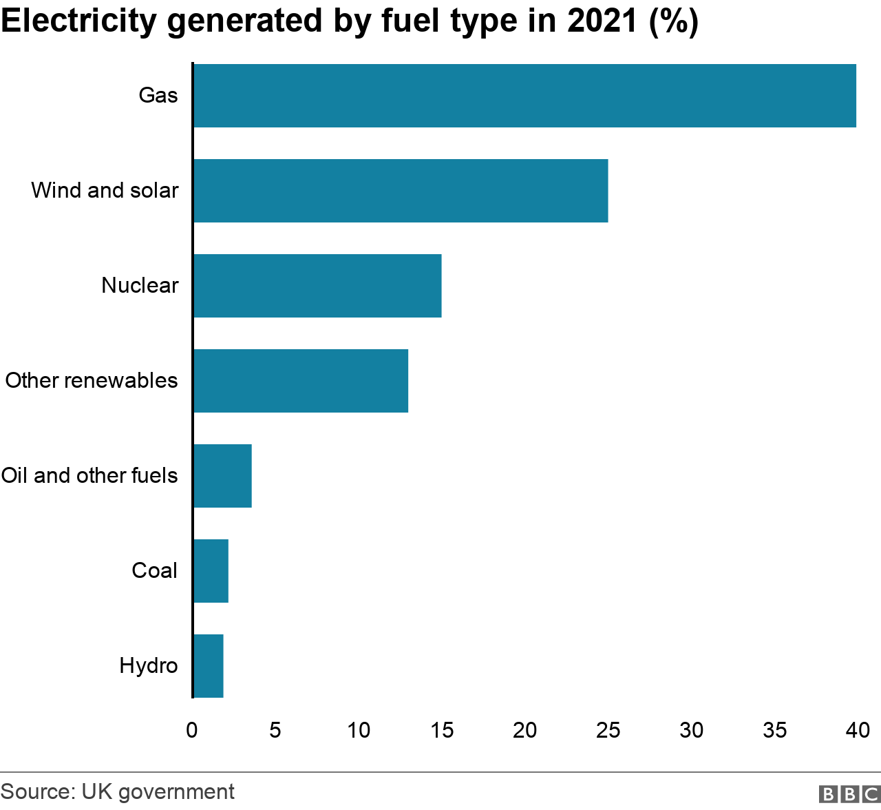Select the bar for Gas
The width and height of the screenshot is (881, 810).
(x=524, y=96)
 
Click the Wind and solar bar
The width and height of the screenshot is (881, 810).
(x=401, y=191)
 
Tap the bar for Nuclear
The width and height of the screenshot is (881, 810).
(x=317, y=286)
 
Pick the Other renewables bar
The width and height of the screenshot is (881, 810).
(x=301, y=381)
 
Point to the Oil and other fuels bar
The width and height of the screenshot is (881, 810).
(x=223, y=476)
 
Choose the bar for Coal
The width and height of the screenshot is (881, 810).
(x=211, y=571)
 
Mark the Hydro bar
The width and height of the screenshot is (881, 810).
(x=209, y=666)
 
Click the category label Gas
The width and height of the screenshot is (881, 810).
(x=158, y=95)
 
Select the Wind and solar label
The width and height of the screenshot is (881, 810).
(x=105, y=190)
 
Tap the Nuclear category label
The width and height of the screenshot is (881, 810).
(x=140, y=285)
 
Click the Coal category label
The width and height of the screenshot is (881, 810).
(x=154, y=570)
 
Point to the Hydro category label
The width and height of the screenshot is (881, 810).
(x=149, y=665)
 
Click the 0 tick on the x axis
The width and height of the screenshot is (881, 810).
(x=192, y=730)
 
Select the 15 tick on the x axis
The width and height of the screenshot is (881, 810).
(x=442, y=730)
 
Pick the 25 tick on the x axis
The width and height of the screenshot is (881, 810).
(x=608, y=730)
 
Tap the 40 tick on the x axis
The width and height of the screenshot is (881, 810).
(x=858, y=730)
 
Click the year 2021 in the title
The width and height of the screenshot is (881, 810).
(x=603, y=21)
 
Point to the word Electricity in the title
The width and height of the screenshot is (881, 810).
(x=79, y=21)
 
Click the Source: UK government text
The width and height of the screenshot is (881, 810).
(x=118, y=792)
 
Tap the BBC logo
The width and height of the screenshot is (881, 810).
(x=849, y=794)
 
